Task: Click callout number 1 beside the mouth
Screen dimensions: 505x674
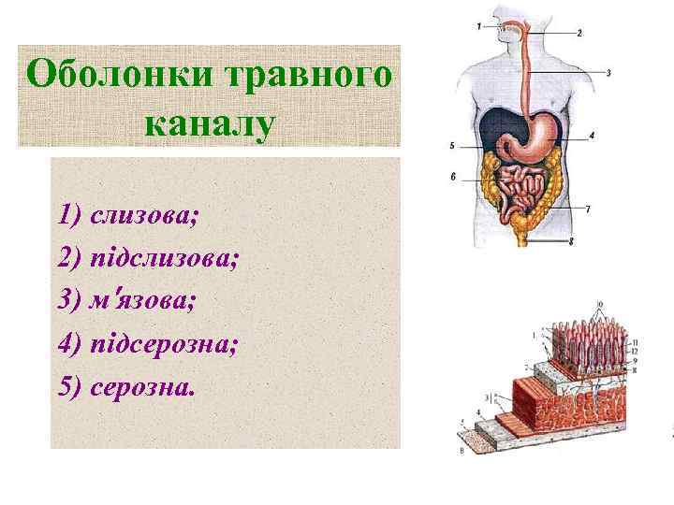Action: click(478, 27)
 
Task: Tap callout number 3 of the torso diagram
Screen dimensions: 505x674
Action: click(608, 72)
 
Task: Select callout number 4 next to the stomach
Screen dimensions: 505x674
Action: click(592, 136)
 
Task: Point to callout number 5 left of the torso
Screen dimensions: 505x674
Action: click(452, 146)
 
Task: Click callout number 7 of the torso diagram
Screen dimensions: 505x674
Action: click(587, 209)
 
